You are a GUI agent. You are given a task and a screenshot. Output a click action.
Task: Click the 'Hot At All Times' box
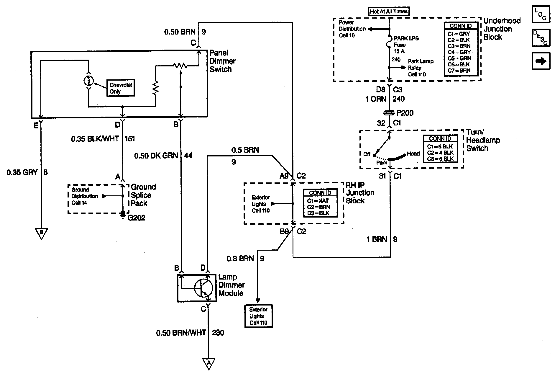[x=389, y=12]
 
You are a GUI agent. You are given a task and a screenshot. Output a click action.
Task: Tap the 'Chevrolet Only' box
[x=121, y=88]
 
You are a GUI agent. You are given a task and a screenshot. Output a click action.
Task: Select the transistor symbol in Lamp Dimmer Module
[x=203, y=288]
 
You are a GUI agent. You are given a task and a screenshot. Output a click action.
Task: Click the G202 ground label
[x=136, y=218]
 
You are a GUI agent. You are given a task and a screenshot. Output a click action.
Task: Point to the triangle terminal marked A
[x=208, y=363]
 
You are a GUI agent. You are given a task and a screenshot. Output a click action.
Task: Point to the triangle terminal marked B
[x=41, y=233]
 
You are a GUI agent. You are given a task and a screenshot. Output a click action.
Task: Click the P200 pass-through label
[x=405, y=113]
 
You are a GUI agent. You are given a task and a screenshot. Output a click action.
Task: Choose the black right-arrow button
[x=541, y=61]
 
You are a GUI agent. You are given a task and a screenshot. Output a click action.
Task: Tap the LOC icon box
[x=541, y=14]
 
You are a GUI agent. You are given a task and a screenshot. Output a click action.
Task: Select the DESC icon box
[x=541, y=37]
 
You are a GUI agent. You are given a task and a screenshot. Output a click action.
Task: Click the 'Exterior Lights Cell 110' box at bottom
[x=258, y=316]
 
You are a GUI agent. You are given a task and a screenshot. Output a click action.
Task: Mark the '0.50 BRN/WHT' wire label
[x=181, y=333]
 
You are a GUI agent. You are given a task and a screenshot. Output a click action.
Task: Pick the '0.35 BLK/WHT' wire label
[x=95, y=139]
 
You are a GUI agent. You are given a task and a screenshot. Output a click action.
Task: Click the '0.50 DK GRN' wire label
[x=156, y=156]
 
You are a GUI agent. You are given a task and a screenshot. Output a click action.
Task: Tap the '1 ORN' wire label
[x=375, y=99]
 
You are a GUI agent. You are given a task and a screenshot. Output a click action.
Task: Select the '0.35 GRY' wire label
[x=22, y=172]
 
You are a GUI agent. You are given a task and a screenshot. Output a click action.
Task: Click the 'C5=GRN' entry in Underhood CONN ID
[x=459, y=58]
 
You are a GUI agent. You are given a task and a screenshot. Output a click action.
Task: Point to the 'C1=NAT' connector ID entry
[x=318, y=201]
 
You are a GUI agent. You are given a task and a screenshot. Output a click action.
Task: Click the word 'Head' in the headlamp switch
[x=413, y=154]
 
